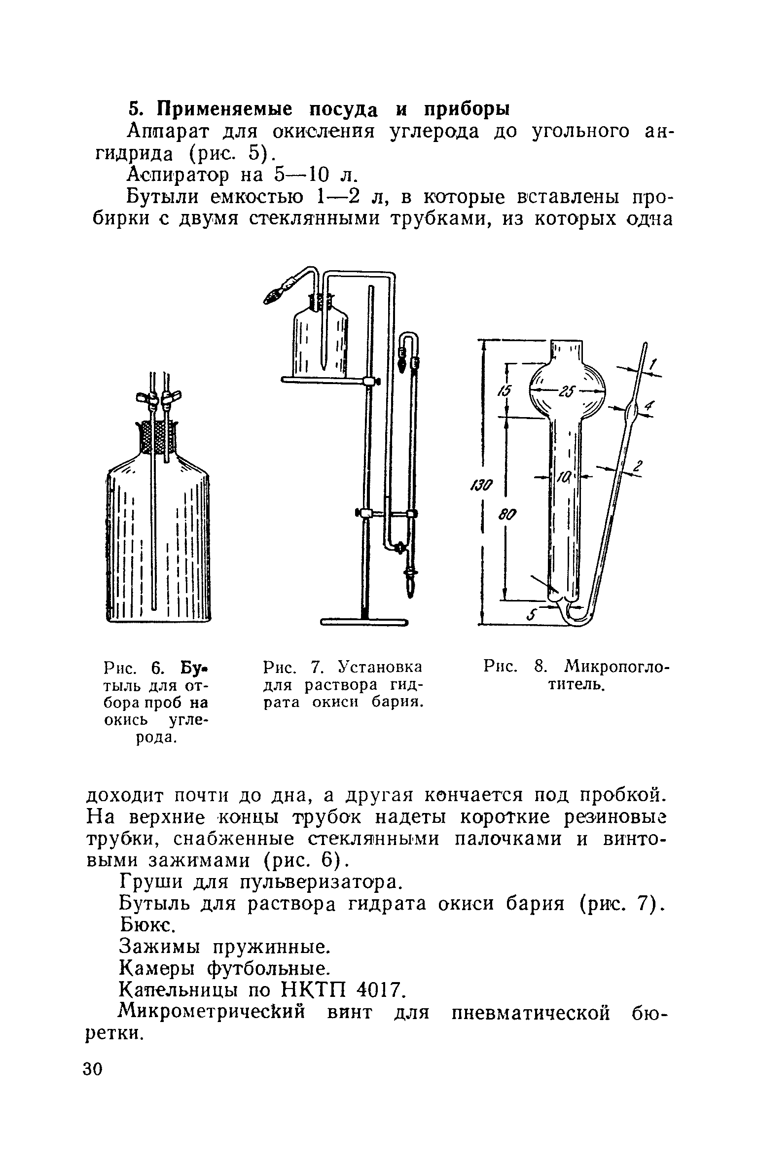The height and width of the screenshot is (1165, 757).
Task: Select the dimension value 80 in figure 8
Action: pos(507,515)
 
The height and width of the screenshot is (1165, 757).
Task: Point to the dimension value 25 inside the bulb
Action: pos(567,392)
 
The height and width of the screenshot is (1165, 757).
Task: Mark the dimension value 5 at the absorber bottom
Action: pos(532,615)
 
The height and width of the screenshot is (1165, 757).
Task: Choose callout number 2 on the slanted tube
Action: pos(639,466)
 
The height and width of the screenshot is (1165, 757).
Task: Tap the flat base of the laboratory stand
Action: pos(364,622)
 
